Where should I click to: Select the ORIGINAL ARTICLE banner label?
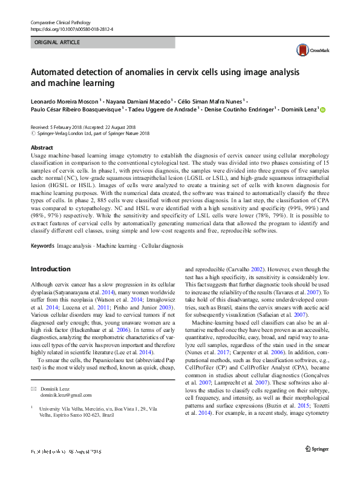point(57,42)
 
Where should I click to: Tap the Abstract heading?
point(42,148)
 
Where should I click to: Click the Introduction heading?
point(50,269)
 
